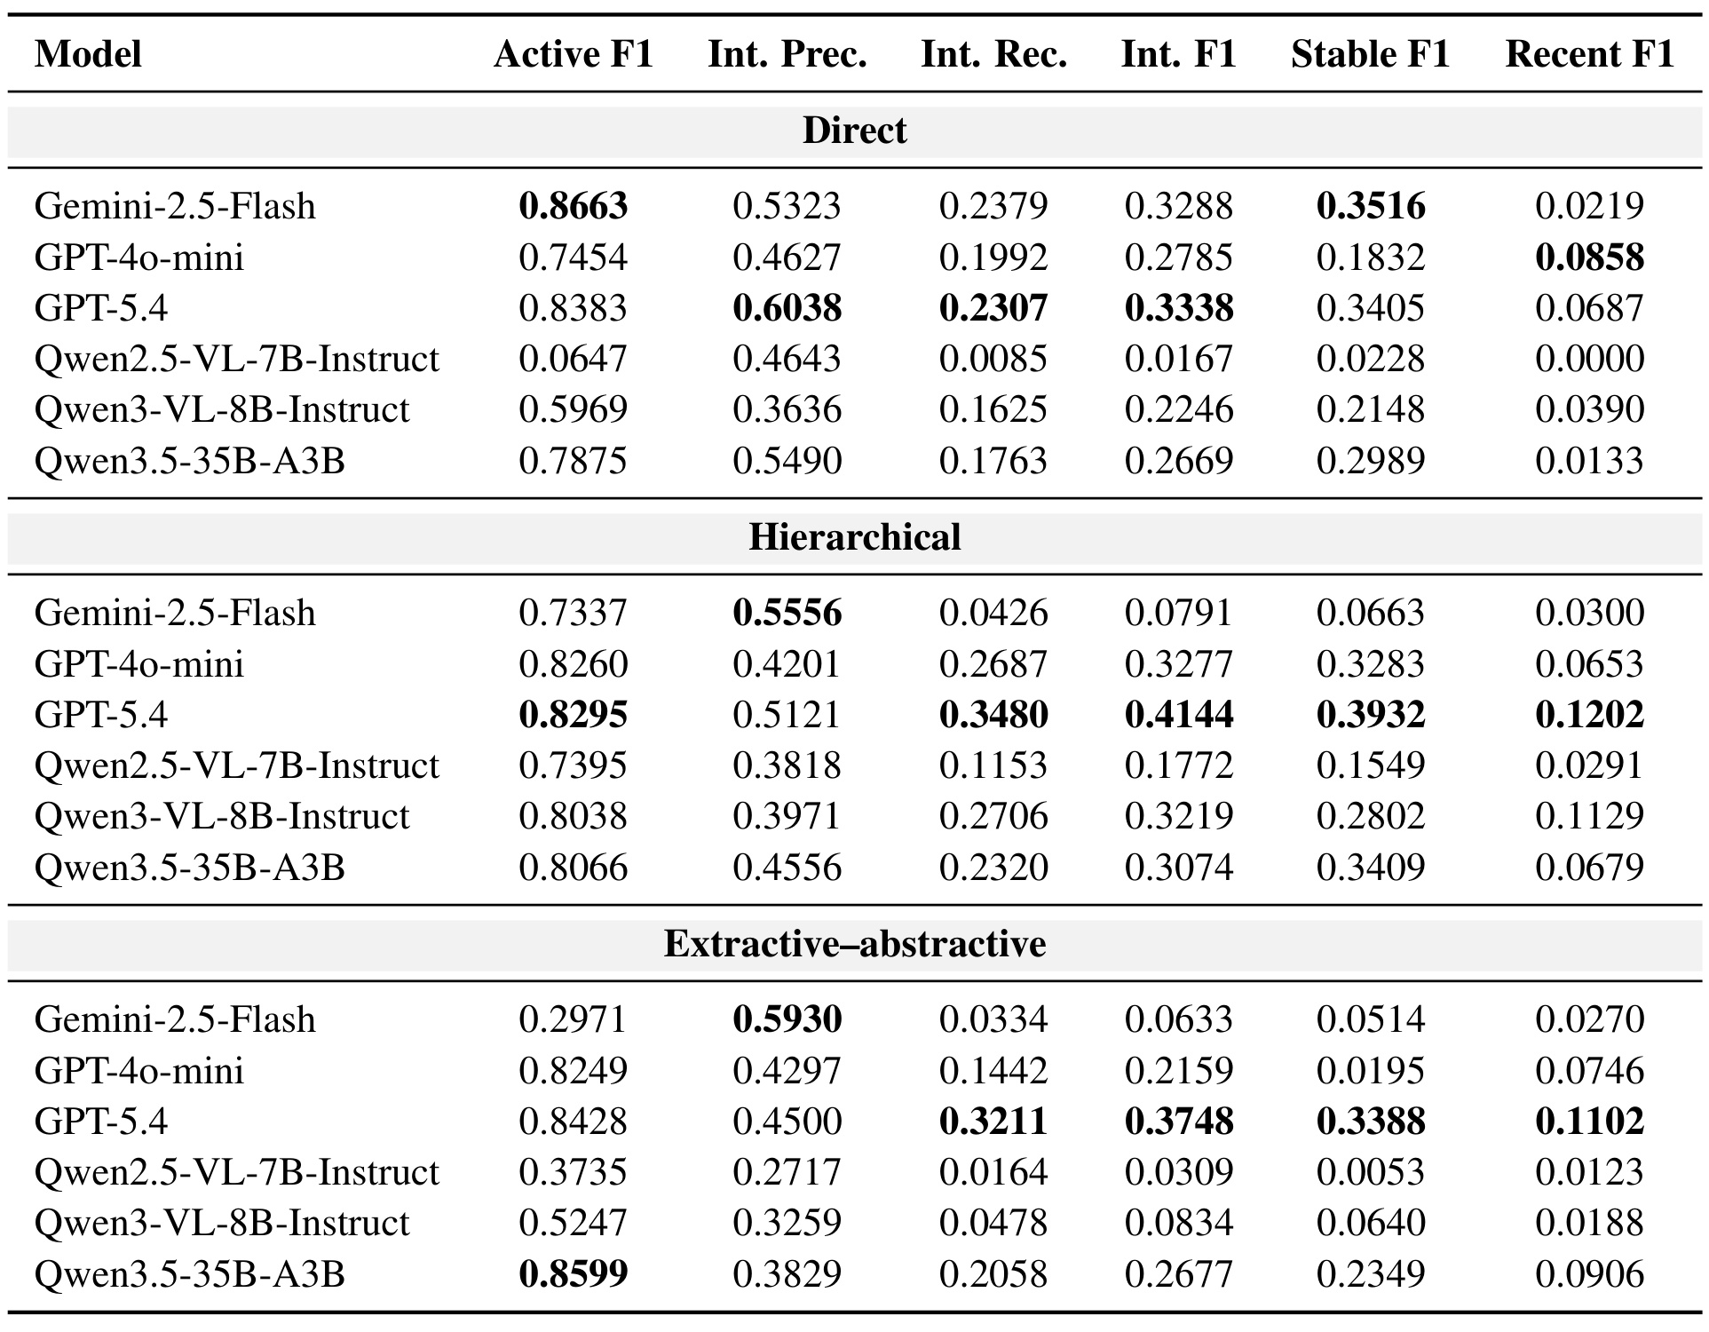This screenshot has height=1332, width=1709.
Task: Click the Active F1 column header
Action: tap(574, 54)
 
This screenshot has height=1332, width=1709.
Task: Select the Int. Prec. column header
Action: tap(787, 54)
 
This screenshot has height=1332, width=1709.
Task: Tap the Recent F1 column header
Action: tap(1589, 54)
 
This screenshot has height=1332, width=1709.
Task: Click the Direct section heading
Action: tap(854, 131)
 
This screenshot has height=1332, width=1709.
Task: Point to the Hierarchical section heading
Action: tap(854, 537)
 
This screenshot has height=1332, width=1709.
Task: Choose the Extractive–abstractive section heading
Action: tap(854, 944)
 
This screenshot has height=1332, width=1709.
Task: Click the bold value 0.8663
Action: tap(574, 206)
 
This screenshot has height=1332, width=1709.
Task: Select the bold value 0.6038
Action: tap(787, 308)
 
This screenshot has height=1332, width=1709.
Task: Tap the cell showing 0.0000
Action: tap(1589, 359)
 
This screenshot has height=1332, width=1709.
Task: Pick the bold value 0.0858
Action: tap(1589, 258)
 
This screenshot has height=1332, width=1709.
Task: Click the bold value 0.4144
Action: tap(1179, 715)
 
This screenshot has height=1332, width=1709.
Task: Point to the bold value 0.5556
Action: tap(787, 613)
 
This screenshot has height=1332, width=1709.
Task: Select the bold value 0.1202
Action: tap(1589, 715)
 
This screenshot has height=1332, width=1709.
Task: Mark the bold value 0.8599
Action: tap(574, 1274)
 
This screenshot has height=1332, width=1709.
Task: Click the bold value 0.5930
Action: tap(787, 1019)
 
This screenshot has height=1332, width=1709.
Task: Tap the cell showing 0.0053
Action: tap(1371, 1172)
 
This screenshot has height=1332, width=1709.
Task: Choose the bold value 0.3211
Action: tap(993, 1122)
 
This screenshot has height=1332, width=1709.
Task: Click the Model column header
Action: tap(88, 54)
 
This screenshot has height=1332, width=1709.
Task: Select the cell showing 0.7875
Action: tap(574, 461)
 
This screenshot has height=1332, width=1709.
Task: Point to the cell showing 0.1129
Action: tap(1589, 816)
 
